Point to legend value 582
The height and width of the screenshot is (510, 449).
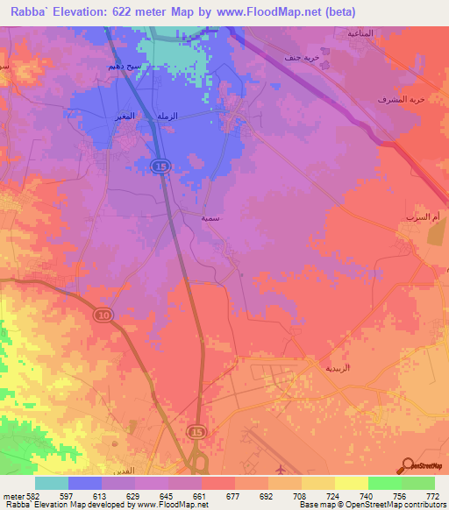[x=20, y=496]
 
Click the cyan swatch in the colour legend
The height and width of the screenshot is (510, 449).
[x=52, y=483]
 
